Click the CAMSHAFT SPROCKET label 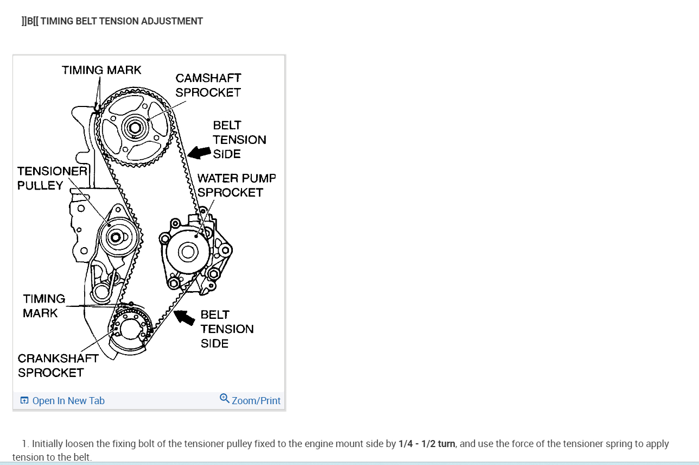(x=208, y=85)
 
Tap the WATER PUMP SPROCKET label (x=236, y=185)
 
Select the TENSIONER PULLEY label (x=52, y=178)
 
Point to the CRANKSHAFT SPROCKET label (x=58, y=366)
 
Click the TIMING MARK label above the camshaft (x=101, y=70)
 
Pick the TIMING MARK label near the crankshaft (x=43, y=306)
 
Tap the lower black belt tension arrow (x=184, y=317)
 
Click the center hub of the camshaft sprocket (x=134, y=128)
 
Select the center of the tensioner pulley (x=115, y=237)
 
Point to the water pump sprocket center (x=188, y=252)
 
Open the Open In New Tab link (x=68, y=401)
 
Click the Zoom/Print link (x=256, y=401)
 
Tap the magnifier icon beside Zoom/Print (x=225, y=399)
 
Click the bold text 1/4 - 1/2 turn (x=427, y=444)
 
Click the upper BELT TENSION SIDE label (x=239, y=140)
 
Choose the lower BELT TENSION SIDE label (x=226, y=329)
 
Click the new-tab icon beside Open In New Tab (x=24, y=401)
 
